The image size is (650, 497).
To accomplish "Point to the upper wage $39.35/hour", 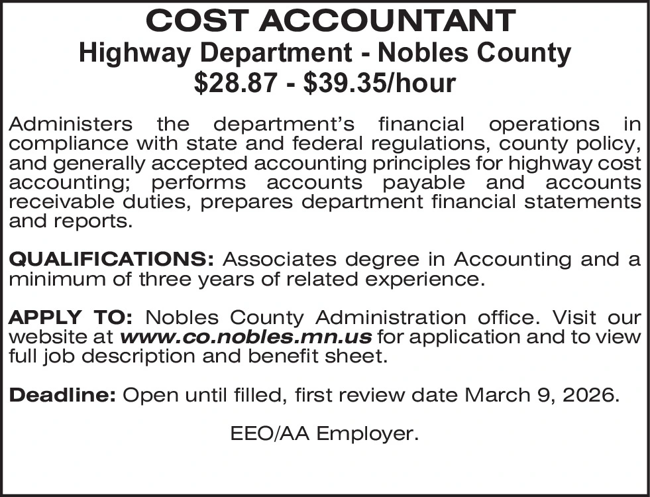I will [x=378, y=83].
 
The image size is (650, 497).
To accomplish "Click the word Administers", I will [x=70, y=124].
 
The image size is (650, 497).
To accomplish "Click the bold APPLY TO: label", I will [x=72, y=317].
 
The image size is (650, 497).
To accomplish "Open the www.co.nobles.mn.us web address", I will [x=245, y=337].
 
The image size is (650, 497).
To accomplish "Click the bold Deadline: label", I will [x=63, y=396].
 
